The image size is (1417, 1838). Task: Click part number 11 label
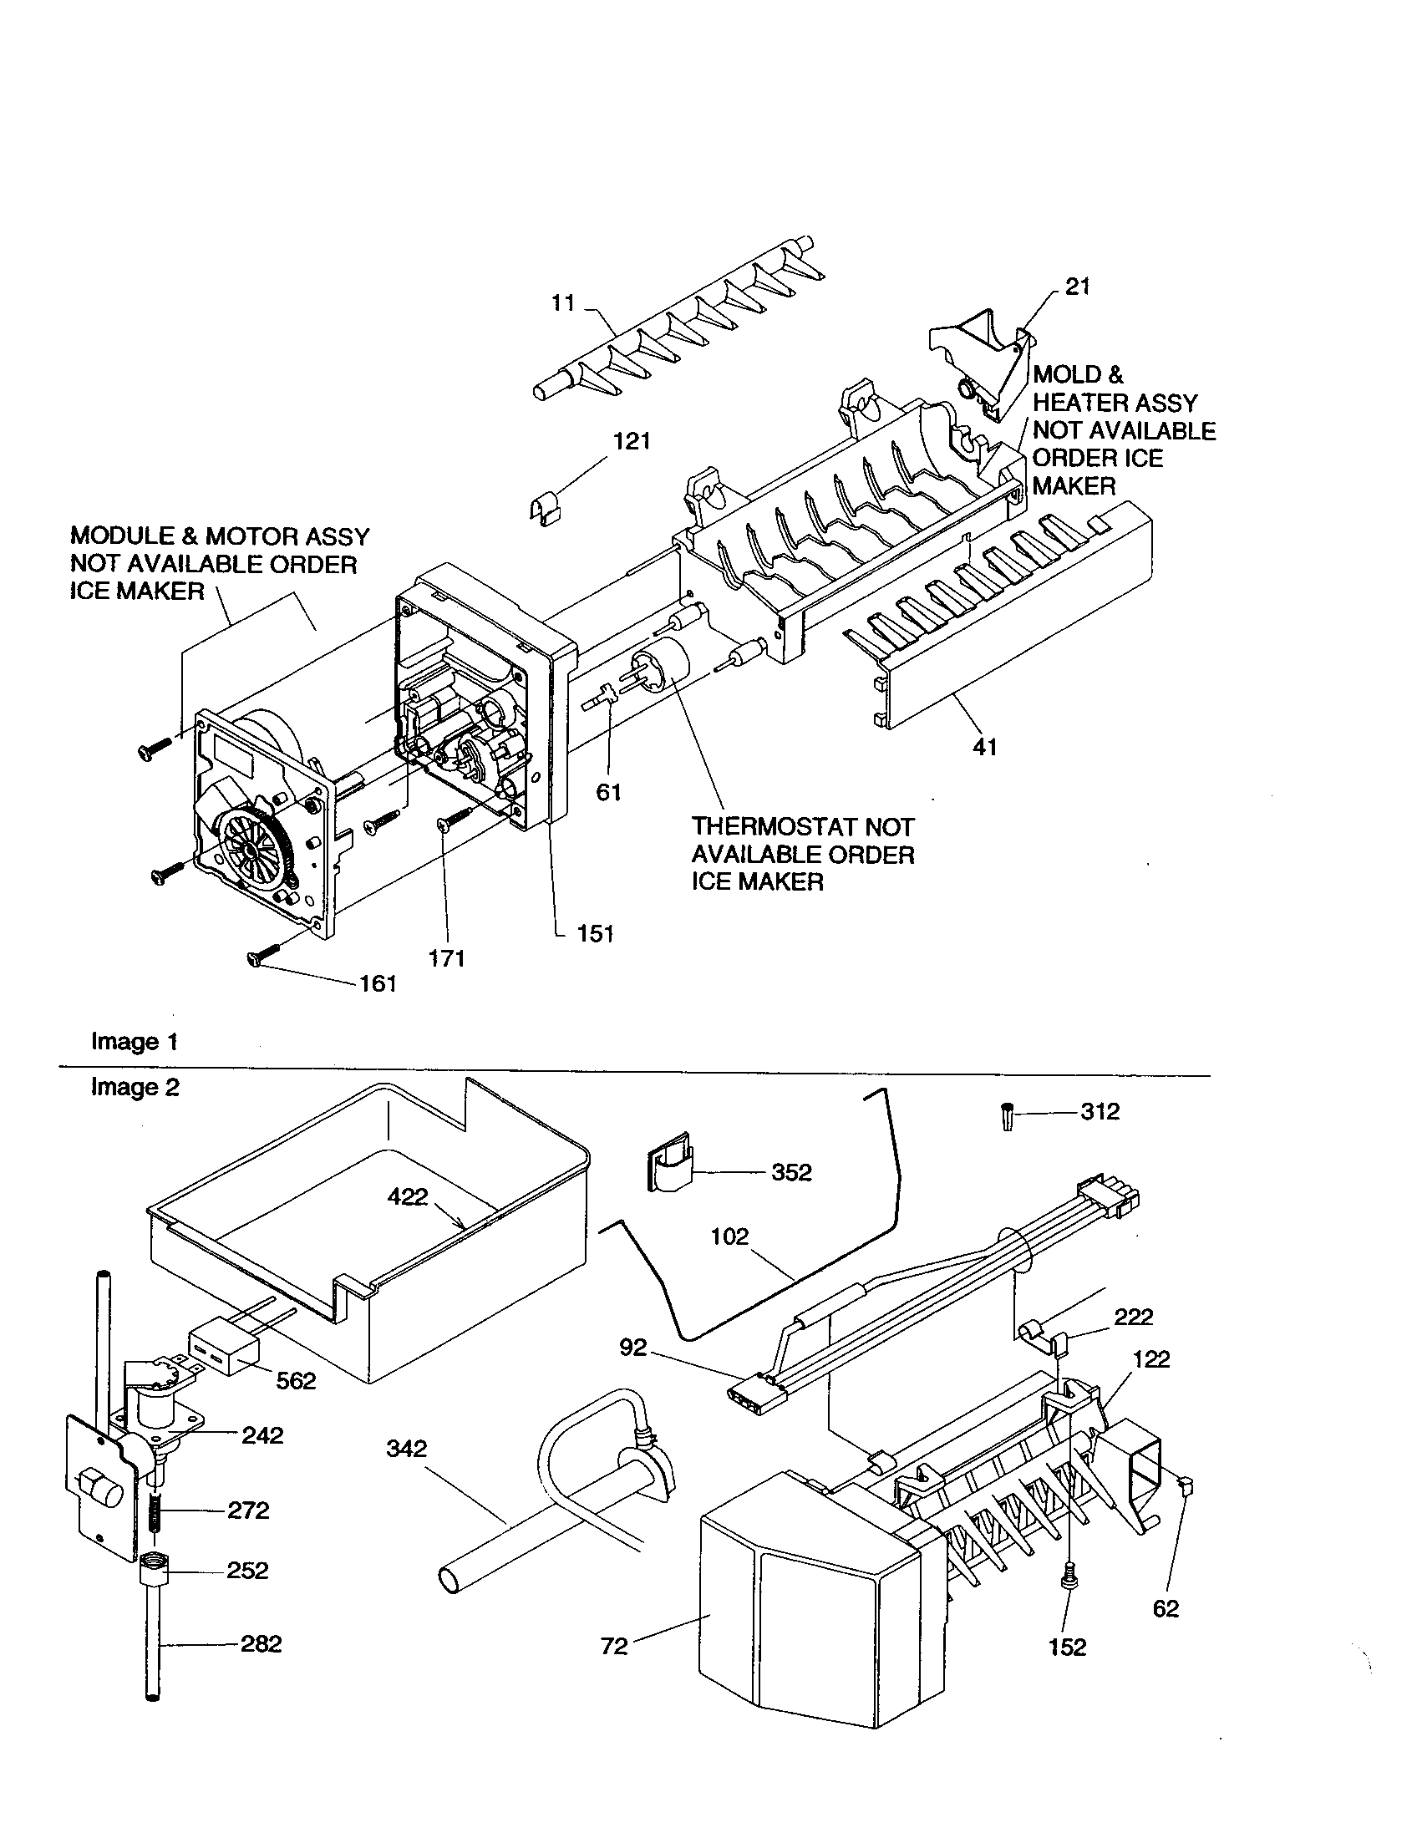click(x=562, y=303)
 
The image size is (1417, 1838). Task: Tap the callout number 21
click(x=1077, y=287)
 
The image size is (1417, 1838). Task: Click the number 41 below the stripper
click(x=984, y=746)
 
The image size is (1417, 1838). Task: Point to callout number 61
click(x=608, y=792)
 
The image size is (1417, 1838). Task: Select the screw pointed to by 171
click(x=455, y=819)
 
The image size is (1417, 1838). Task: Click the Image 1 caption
click(x=135, y=1042)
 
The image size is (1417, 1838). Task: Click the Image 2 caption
click(x=135, y=1087)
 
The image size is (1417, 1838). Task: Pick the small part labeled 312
click(x=1007, y=1117)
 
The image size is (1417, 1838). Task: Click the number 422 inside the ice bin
click(x=407, y=1196)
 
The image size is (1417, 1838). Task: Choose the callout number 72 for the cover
click(x=614, y=1646)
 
